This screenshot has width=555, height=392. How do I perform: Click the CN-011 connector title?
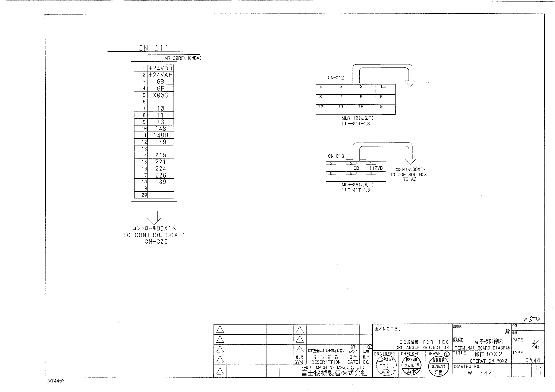pos(154,49)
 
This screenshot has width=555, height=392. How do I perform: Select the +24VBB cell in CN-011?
pos(161,68)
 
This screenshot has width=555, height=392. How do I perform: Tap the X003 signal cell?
pos(161,95)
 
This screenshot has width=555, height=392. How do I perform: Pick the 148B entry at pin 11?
pos(161,135)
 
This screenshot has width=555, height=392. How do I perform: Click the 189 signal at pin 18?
pos(161,182)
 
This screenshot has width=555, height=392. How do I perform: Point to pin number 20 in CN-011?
pos(144,195)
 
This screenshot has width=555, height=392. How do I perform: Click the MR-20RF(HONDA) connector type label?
pos(183,58)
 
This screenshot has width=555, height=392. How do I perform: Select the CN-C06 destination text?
pos(154,242)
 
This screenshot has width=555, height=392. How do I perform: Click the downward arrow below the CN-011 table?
pos(154,217)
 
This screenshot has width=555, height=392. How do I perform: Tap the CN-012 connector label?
pos(336,78)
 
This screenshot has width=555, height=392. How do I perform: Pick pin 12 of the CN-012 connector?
pos(321,106)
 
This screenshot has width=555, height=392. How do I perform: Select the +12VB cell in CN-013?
pos(376,168)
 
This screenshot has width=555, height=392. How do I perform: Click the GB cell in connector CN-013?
pos(356,168)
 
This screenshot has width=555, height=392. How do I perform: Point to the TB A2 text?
pos(410,179)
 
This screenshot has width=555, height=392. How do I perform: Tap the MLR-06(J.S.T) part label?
pos(358,185)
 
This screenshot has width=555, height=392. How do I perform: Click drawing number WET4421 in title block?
pos(481,373)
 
